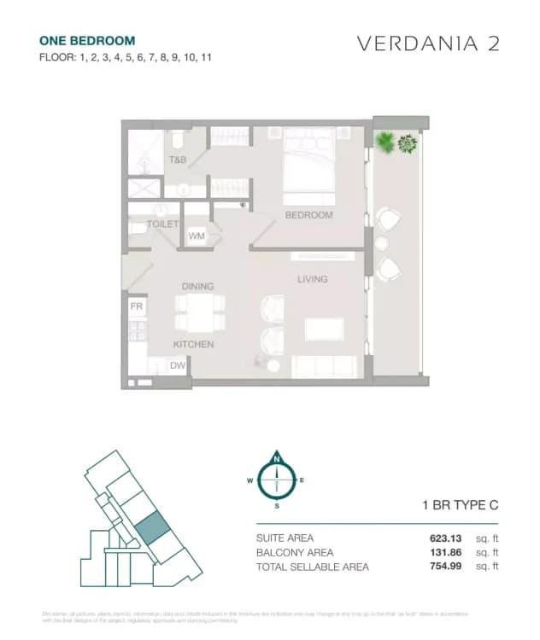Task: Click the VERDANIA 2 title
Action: pyautogui.click(x=426, y=44)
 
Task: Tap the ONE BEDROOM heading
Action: pyautogui.click(x=87, y=40)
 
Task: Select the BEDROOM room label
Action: pyautogui.click(x=308, y=215)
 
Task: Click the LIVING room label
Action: pyautogui.click(x=312, y=279)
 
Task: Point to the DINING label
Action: pyautogui.click(x=197, y=286)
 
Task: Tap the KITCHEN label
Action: pyautogui.click(x=193, y=345)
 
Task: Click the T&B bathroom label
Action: pyautogui.click(x=178, y=160)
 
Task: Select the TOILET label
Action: pyautogui.click(x=162, y=224)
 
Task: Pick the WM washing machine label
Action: pyautogui.click(x=197, y=236)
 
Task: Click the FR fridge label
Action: pyautogui.click(x=136, y=305)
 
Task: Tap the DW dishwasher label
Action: pyautogui.click(x=178, y=366)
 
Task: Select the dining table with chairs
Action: pyautogui.click(x=201, y=312)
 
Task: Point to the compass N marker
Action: pyautogui.click(x=276, y=459)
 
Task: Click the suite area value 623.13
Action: pyautogui.click(x=449, y=538)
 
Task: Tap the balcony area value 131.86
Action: pyautogui.click(x=449, y=552)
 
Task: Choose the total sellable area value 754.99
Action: pyautogui.click(x=449, y=566)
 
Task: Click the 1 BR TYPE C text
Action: pyautogui.click(x=461, y=505)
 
